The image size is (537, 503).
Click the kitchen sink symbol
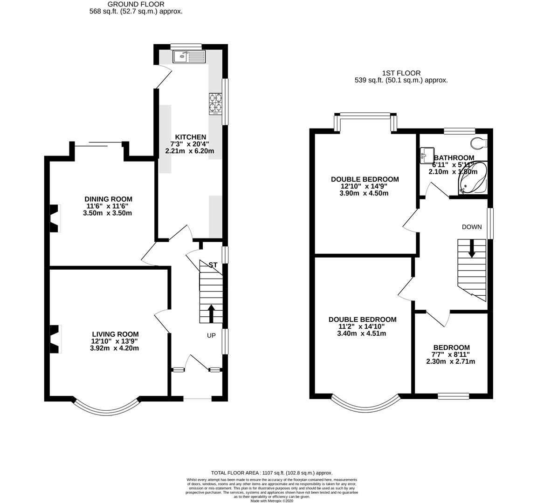click(x=188, y=57)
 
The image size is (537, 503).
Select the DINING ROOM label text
click(x=108, y=199)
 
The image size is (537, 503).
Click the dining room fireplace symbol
click(x=55, y=218)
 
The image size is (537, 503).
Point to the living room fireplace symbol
click(x=55, y=339)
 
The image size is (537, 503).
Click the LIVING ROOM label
click(x=115, y=334)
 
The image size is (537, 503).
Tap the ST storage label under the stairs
click(x=213, y=265)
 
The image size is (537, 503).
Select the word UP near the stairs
click(x=212, y=335)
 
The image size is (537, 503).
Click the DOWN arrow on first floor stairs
click(x=472, y=248)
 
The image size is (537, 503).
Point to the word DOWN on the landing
click(x=472, y=227)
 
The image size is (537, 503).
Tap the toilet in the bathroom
click(x=479, y=142)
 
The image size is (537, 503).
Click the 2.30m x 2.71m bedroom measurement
click(x=451, y=361)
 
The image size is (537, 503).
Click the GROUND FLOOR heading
click(x=135, y=4)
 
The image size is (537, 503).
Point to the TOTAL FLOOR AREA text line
click(x=272, y=473)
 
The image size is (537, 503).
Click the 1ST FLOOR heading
click(x=401, y=73)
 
